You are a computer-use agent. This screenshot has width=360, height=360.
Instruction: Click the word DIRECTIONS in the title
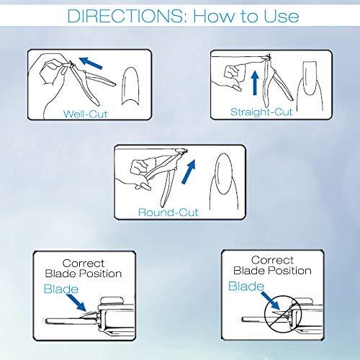pos(125,16)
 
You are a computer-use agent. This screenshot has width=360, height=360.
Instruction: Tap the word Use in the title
pos(282,16)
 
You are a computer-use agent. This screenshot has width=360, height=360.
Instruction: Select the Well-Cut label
pos(85,114)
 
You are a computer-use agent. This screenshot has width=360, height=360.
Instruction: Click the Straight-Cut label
pos(261,112)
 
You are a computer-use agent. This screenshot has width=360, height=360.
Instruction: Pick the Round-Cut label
pos(168,212)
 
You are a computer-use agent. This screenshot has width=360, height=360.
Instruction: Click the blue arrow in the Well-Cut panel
pos(91,63)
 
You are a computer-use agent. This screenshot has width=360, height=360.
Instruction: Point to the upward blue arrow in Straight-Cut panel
pos(255,83)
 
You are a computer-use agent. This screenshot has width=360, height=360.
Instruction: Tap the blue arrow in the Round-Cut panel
pos(189,171)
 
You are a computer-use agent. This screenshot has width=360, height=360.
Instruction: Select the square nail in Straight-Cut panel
pos(310,78)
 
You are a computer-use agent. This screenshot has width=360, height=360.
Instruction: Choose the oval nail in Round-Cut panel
pos(224,174)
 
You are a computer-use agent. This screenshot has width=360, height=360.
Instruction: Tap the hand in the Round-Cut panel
pos(139,171)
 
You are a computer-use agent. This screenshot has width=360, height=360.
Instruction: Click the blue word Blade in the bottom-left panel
pos(61,289)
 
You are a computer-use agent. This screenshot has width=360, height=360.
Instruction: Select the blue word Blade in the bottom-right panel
pos(246,286)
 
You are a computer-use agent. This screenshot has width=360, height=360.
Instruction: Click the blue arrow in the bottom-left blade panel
pos(76,302)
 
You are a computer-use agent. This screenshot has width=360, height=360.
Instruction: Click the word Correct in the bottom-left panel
pos(84,264)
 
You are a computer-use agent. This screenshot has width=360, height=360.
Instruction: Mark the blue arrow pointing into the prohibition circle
pos(271,300)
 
